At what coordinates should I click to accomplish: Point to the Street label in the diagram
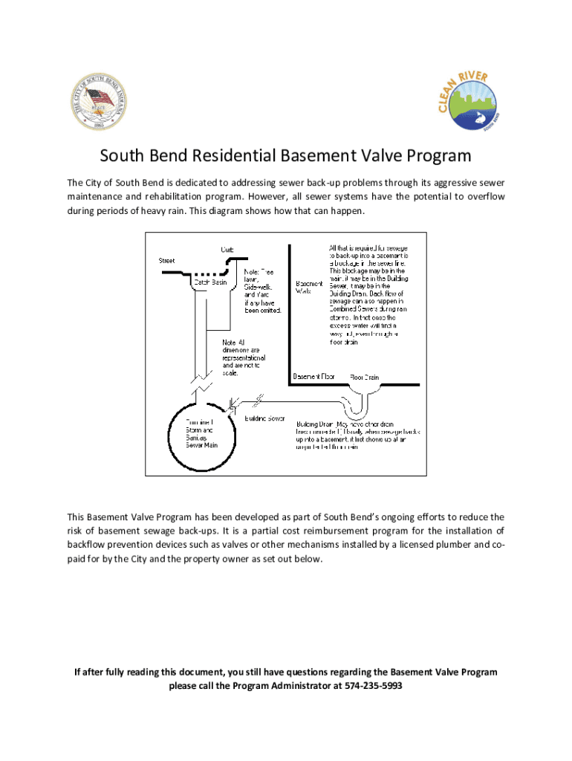click(167, 260)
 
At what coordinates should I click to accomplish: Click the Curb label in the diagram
click(227, 249)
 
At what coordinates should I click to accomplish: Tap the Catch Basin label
click(211, 282)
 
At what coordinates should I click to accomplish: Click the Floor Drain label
click(364, 377)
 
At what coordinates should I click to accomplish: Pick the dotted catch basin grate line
click(211, 272)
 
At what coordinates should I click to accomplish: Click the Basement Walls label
click(309, 288)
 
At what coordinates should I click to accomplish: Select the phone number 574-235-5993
click(374, 686)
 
